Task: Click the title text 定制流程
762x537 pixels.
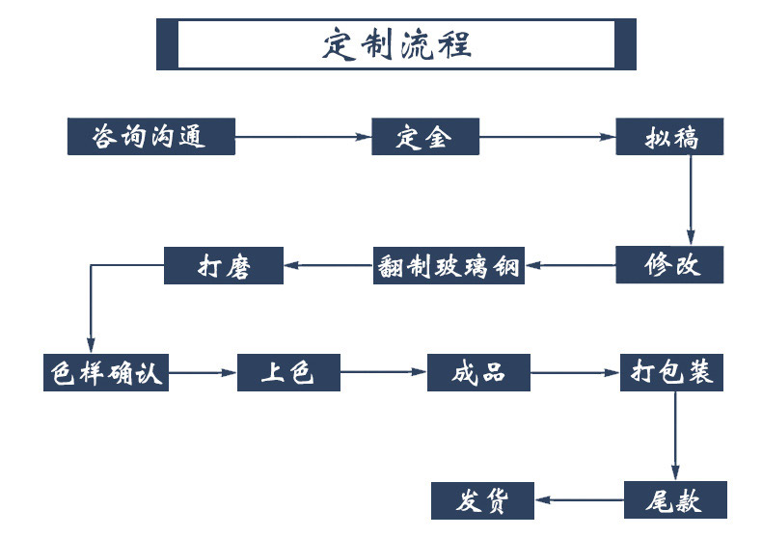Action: point(396,44)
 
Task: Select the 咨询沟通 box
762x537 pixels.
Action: point(151,137)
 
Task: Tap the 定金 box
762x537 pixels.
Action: point(425,137)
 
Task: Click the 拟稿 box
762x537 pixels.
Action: point(669,137)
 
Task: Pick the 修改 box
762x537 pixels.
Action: point(669,264)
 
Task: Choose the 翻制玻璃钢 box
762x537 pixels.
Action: point(449,265)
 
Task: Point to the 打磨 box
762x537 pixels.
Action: point(224,265)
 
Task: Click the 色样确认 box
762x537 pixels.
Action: point(106,372)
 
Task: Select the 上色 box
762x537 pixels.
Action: point(288,372)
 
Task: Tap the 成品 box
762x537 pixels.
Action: point(478,372)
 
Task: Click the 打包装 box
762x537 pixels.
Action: point(671,372)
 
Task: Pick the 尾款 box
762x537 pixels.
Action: point(675,500)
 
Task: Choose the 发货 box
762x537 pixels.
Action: point(482,500)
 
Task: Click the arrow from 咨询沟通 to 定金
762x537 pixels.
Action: point(304,137)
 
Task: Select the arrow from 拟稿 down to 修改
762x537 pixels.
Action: point(691,201)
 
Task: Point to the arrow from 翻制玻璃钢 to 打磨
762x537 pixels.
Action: point(329,265)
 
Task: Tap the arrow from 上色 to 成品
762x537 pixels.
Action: point(384,372)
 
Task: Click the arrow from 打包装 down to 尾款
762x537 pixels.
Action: point(675,437)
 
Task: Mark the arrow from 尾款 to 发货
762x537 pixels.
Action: point(580,500)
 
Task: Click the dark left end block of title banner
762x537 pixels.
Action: point(167,44)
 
